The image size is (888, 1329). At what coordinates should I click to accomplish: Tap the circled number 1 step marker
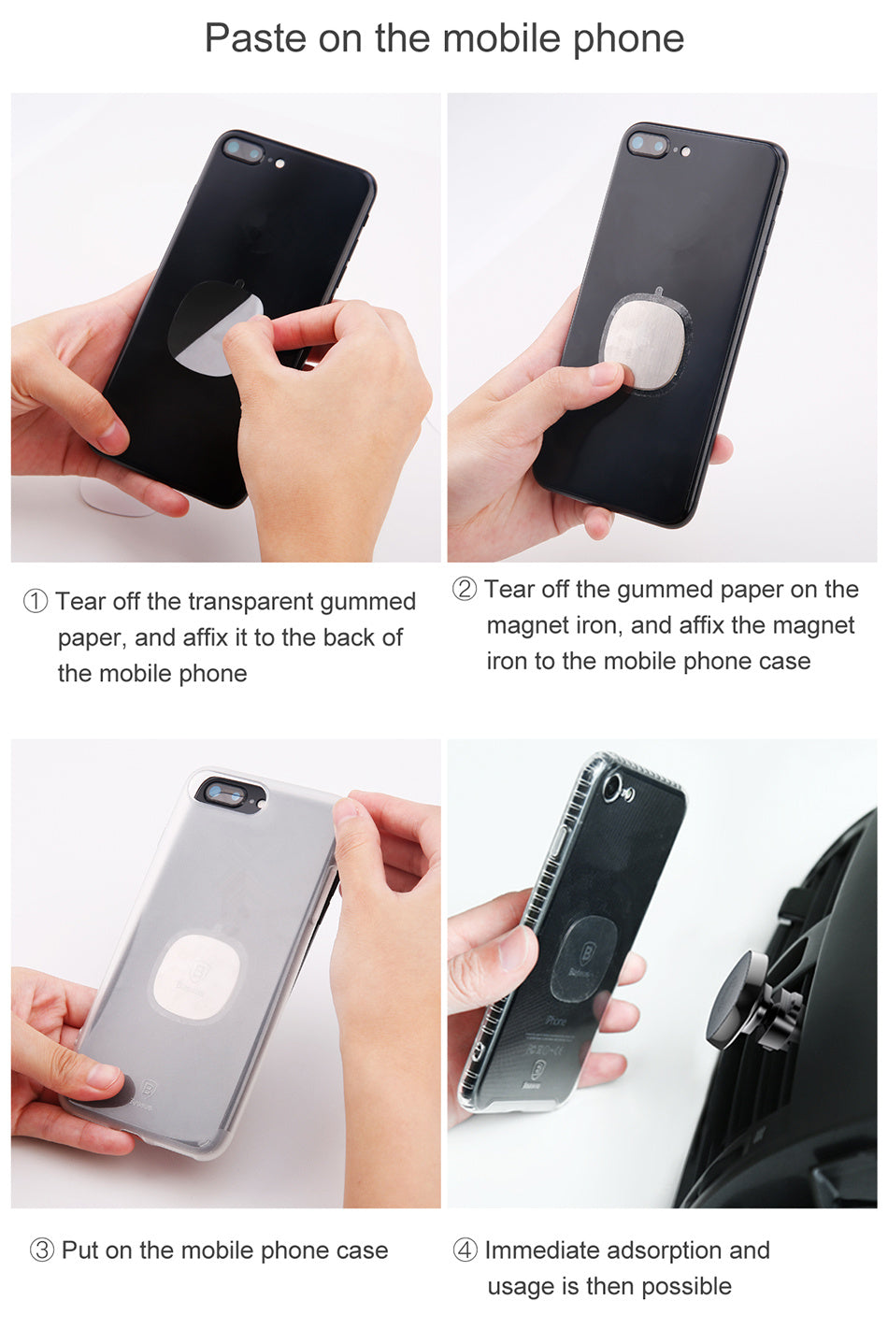coord(35,602)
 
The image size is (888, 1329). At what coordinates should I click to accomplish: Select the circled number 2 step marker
coord(465,590)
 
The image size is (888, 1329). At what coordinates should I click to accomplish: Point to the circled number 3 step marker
coord(42,1250)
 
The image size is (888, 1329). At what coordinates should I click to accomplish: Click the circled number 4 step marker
coord(465,1250)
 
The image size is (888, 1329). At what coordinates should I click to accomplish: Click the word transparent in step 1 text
coord(251,602)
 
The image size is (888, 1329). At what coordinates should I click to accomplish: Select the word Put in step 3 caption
coord(80,1250)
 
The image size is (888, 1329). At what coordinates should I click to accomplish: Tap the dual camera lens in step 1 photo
coord(243,150)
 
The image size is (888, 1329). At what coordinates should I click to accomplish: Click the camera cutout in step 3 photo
coord(226,793)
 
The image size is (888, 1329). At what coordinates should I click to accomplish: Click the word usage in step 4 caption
coord(521,1287)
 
